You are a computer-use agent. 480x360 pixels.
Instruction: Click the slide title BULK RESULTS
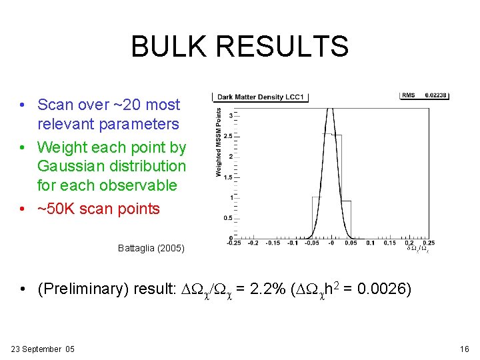[239, 47]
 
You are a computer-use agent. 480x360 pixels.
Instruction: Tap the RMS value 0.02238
[437, 95]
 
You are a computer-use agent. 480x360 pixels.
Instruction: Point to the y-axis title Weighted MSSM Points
[219, 143]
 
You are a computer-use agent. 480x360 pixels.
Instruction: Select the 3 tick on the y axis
[231, 116]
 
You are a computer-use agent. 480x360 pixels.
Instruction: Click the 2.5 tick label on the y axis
[229, 136]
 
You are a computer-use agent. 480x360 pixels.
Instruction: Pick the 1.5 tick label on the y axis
[229, 177]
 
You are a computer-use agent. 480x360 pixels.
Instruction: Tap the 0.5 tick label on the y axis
[229, 218]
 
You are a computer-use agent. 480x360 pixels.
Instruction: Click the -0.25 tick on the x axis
[234, 243]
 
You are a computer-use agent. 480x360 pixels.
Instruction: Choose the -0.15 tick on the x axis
[273, 243]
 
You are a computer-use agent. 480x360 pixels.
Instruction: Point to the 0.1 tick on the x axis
[371, 243]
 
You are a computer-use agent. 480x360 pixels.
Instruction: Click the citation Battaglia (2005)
[151, 249]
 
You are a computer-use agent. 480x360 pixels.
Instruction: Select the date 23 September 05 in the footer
[43, 349]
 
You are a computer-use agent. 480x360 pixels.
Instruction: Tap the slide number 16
[465, 349]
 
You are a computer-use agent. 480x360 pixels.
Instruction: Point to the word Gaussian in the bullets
[69, 166]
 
